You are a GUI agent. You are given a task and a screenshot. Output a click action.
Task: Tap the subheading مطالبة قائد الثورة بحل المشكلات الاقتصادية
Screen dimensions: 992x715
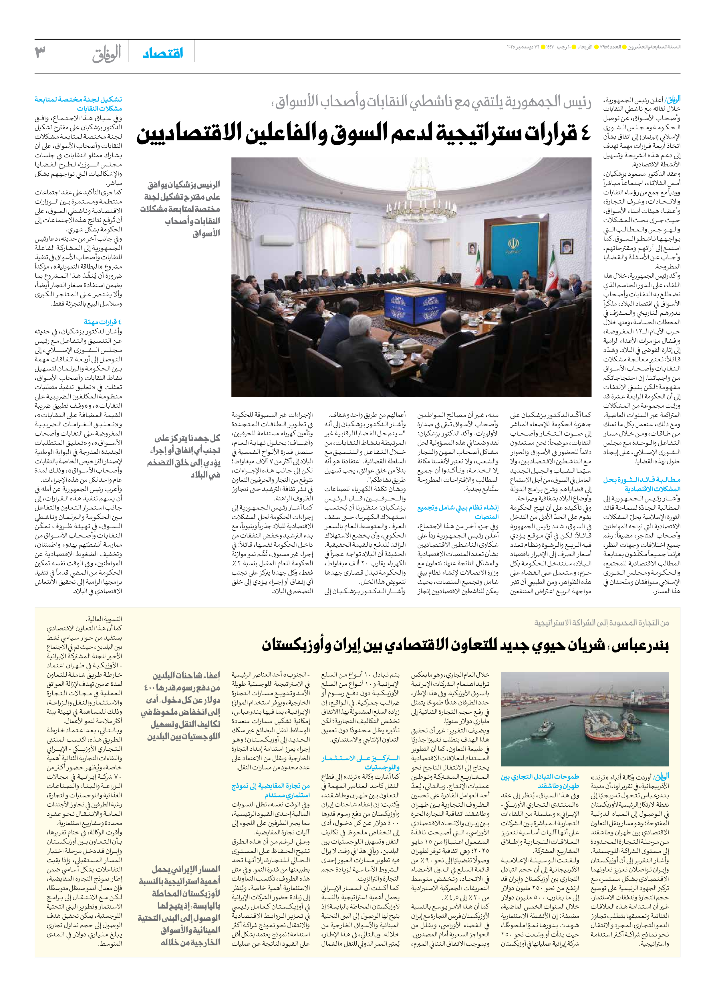coord(641,484)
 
